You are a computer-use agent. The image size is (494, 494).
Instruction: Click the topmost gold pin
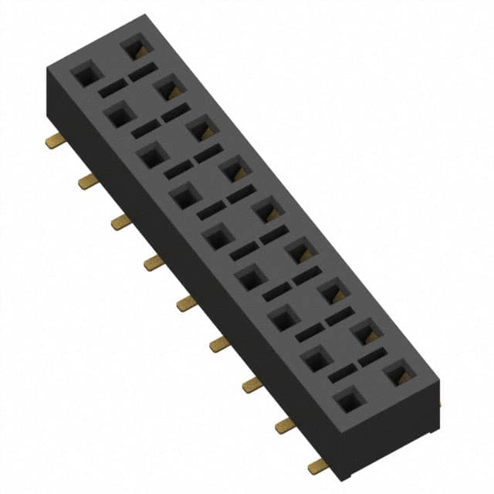point(55,140)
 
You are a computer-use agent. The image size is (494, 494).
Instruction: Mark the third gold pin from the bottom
point(252,384)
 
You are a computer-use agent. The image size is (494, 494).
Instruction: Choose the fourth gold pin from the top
point(154,263)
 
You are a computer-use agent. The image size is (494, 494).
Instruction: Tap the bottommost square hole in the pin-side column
point(350,400)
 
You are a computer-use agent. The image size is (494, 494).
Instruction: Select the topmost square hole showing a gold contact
point(135,50)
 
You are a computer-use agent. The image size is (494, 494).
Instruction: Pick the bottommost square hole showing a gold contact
point(399,374)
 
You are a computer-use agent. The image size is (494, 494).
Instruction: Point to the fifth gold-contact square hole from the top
point(267,211)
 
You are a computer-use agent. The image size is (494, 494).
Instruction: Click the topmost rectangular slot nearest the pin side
point(112,88)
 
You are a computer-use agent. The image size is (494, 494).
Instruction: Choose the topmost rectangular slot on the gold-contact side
point(142,73)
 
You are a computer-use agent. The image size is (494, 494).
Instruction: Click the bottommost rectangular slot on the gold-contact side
point(372,357)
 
